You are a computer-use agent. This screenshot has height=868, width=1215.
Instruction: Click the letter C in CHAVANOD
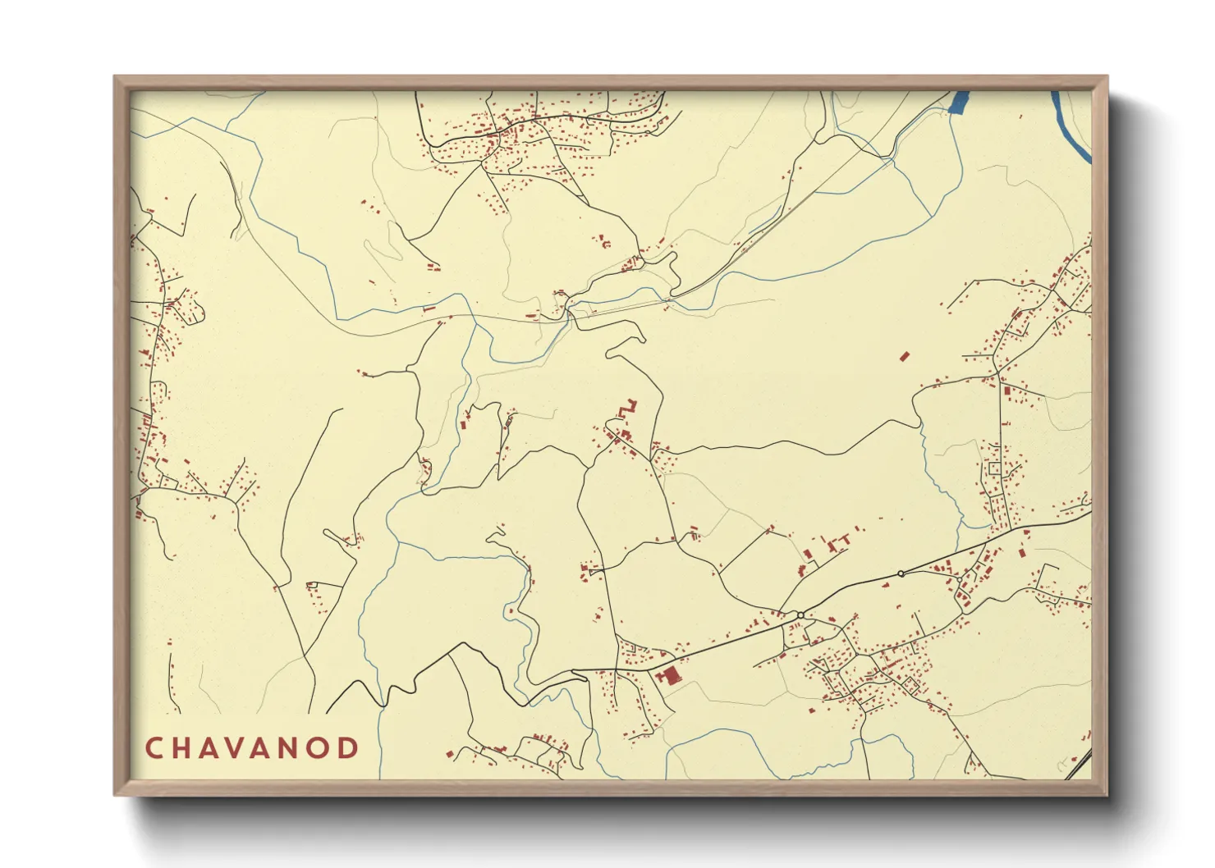(154, 748)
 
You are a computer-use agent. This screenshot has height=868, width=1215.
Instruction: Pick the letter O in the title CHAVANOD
(322, 748)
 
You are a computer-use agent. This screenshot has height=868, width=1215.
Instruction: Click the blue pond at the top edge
(958, 102)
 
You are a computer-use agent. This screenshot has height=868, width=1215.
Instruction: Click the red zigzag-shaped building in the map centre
(628, 408)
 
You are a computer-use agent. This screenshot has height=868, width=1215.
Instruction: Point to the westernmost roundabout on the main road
(800, 614)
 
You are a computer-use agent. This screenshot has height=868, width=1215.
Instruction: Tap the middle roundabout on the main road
(901, 573)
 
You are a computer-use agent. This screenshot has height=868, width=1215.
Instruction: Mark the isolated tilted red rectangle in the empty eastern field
(905, 356)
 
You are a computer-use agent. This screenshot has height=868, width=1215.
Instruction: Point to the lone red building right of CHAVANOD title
(450, 752)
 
